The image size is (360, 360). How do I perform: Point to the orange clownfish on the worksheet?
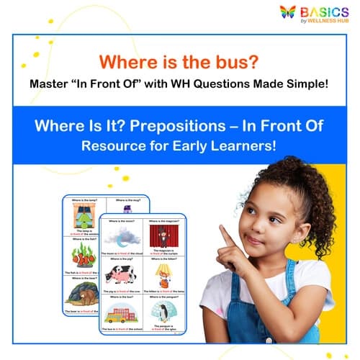click(84, 257)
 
